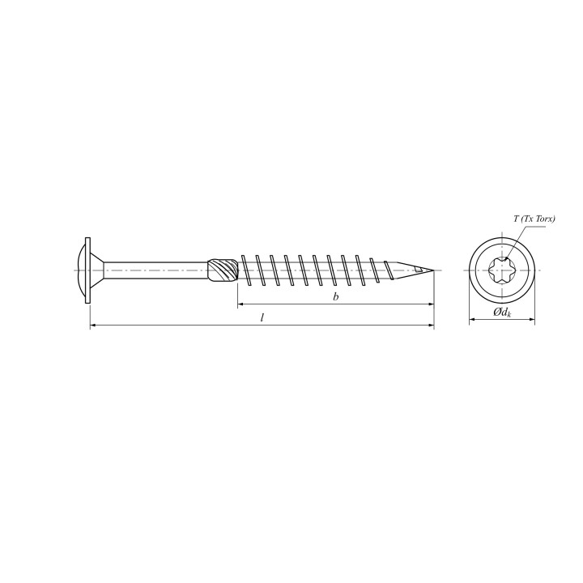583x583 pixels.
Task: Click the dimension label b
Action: pyautogui.click(x=336, y=296)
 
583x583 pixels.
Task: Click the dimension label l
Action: pyautogui.click(x=262, y=318)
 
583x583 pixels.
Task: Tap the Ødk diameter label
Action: pyautogui.click(x=502, y=313)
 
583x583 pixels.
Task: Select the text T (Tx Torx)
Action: pyautogui.click(x=534, y=219)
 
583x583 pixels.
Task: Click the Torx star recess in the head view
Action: pyautogui.click(x=501, y=270)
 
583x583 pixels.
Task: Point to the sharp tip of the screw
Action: pyautogui.click(x=433, y=270)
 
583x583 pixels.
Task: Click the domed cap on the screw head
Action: pyautogui.click(x=79, y=270)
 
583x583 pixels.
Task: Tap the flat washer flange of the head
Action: pyautogui.click(x=87, y=270)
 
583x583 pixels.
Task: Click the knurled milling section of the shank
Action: pyautogui.click(x=223, y=270)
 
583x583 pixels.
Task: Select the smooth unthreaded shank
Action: pyautogui.click(x=155, y=270)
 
